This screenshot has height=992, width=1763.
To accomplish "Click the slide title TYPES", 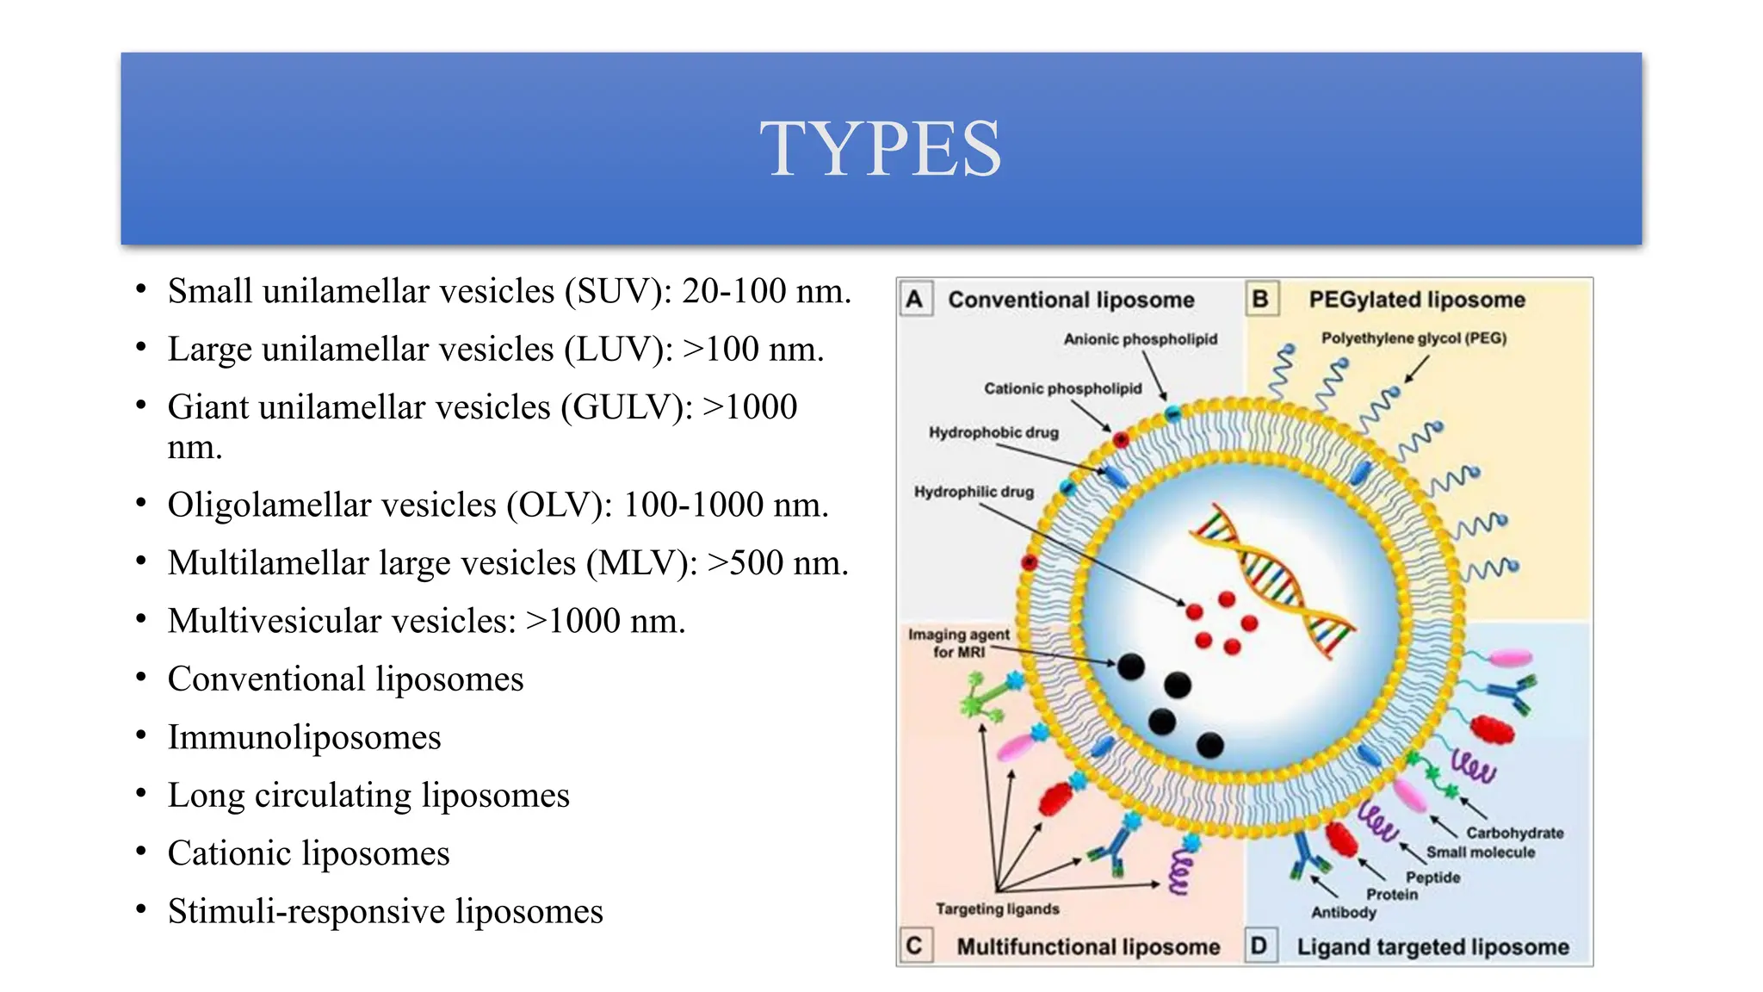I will click(x=881, y=148).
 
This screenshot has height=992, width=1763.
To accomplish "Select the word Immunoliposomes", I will click(x=304, y=737).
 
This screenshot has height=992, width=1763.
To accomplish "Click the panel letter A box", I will click(x=914, y=300).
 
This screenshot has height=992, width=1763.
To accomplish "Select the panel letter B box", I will click(x=1260, y=300).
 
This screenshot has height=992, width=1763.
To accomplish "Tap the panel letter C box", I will click(x=914, y=945).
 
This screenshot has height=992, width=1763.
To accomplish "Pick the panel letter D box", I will click(x=1259, y=945).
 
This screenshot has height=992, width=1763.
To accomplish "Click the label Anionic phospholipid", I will click(x=1141, y=339).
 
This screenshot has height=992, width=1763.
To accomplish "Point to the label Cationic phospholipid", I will click(x=1062, y=388).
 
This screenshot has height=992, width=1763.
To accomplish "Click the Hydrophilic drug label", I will click(x=974, y=492).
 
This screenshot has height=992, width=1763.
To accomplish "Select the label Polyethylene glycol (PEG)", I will click(x=1413, y=338).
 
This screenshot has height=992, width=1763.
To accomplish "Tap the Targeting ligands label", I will click(x=998, y=908).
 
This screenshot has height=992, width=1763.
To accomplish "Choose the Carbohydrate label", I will click(x=1514, y=833).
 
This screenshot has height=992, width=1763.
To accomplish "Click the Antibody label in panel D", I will click(x=1343, y=912).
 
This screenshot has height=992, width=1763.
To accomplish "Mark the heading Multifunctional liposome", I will click(x=1088, y=946).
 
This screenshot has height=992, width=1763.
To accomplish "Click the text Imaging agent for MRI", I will click(x=959, y=643).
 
